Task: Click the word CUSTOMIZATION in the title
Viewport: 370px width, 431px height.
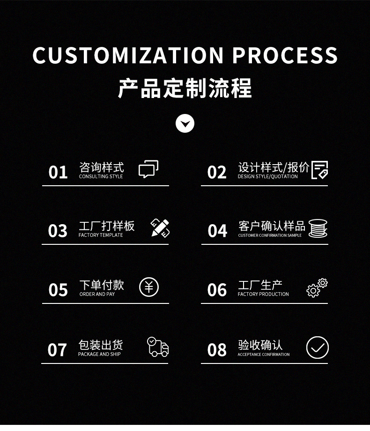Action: [x=128, y=55]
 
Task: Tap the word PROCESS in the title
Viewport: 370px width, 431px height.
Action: [x=285, y=55]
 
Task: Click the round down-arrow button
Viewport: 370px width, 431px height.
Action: [x=185, y=123]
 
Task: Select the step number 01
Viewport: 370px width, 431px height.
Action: [x=58, y=172]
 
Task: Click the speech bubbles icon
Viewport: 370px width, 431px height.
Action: [x=148, y=169]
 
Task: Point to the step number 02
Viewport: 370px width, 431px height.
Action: [x=217, y=172]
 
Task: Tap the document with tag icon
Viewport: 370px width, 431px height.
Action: [x=320, y=170]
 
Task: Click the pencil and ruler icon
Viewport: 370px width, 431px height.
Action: [x=160, y=228]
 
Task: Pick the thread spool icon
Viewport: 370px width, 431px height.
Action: [x=318, y=228]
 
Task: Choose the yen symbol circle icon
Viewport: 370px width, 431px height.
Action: [x=149, y=287]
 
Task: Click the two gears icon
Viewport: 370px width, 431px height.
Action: [x=317, y=288]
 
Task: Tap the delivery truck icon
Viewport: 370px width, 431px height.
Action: [x=158, y=347]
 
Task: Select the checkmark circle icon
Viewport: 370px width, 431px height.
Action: [x=317, y=348]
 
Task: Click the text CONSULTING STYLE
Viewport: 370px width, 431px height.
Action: [x=101, y=176]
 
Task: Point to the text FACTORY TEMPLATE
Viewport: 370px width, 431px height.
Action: [x=101, y=235]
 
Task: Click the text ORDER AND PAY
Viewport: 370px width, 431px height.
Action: [x=97, y=294]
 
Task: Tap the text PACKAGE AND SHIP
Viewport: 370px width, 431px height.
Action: [x=99, y=354]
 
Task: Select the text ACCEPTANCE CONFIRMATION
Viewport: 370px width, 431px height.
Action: [x=264, y=355]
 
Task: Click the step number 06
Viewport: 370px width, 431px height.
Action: [x=217, y=290]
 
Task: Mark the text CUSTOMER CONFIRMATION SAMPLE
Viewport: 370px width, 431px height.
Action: [x=270, y=235]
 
